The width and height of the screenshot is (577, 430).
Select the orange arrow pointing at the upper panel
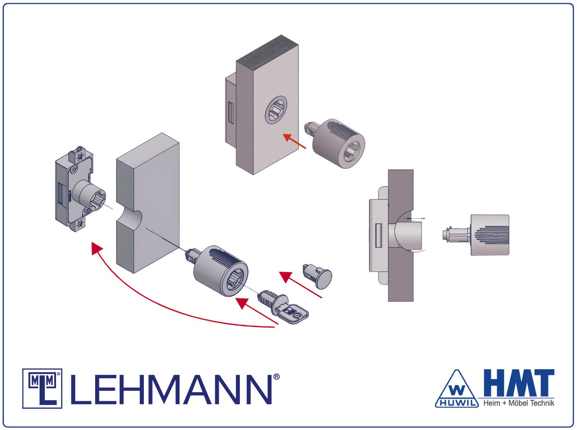click(294, 141)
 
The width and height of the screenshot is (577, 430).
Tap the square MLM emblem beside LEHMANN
click(42, 389)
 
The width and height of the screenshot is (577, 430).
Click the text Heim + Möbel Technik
click(519, 403)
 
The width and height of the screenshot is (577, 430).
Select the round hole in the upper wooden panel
click(276, 109)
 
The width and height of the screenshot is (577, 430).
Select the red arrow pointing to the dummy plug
click(300, 285)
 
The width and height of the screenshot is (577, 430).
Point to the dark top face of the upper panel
click(267, 50)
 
